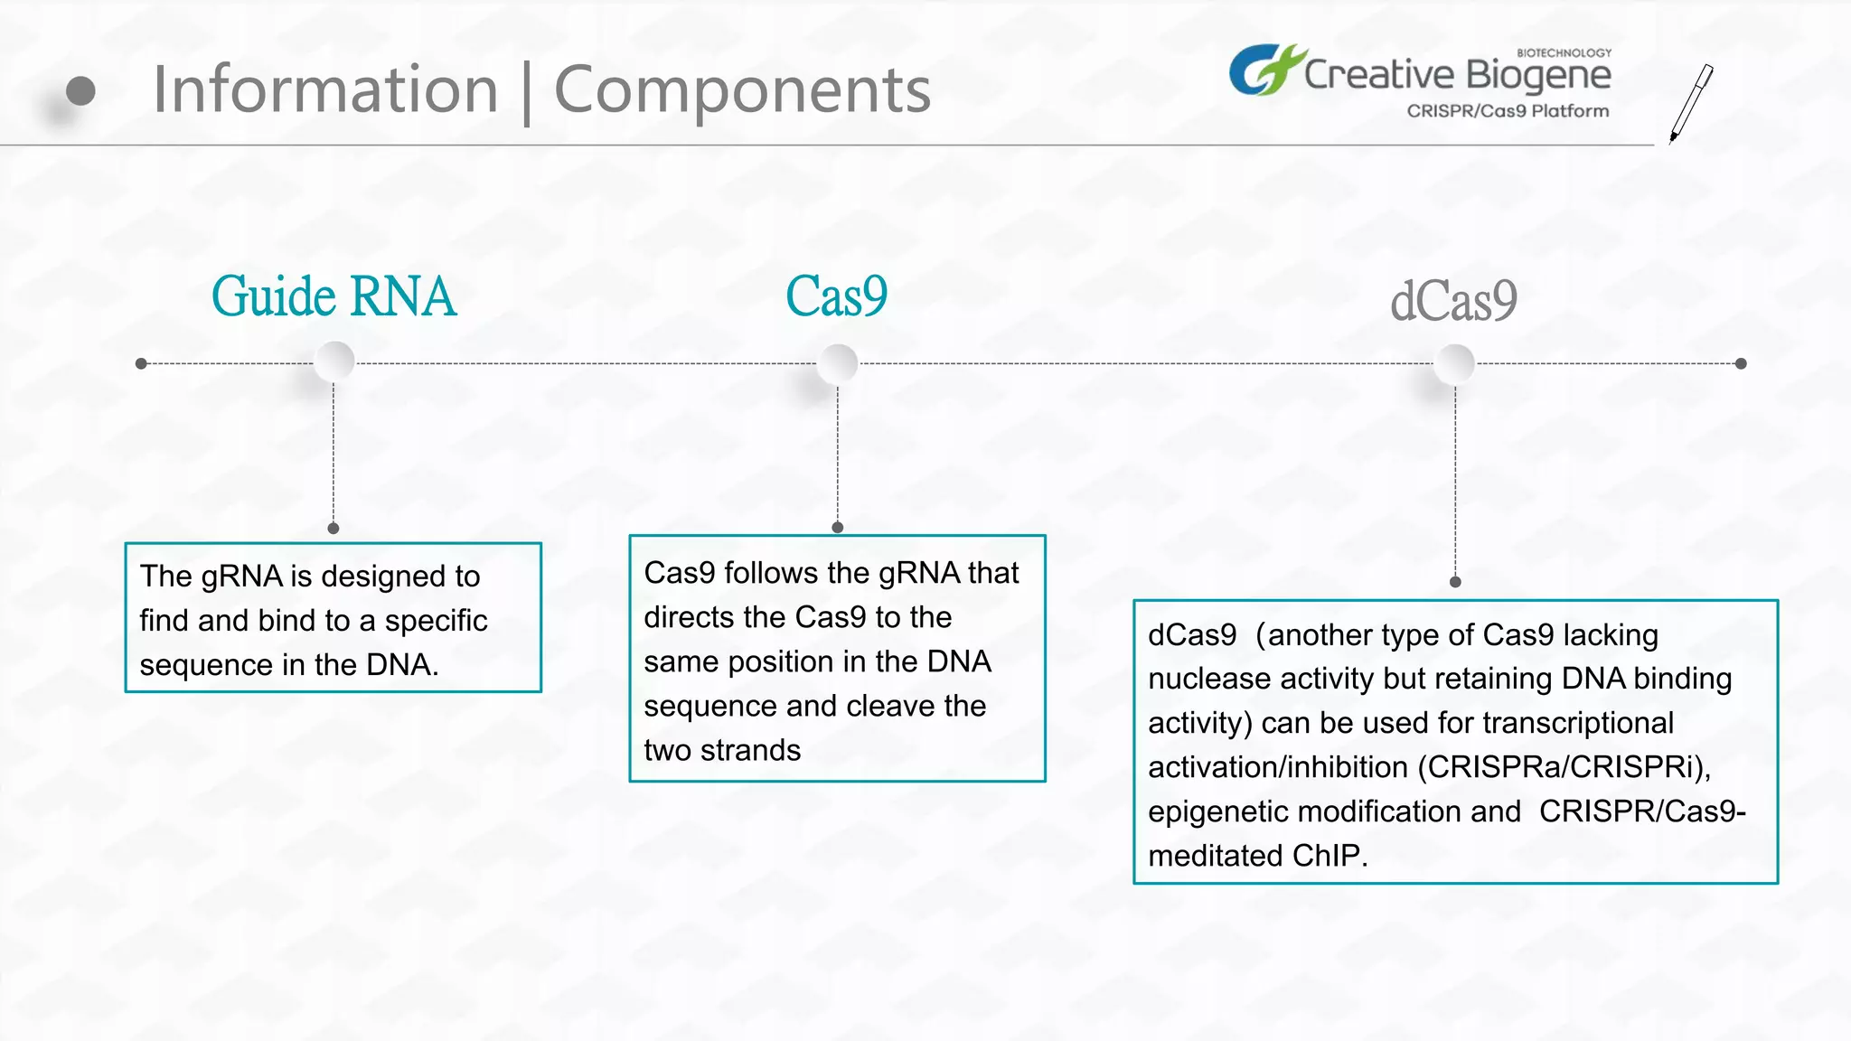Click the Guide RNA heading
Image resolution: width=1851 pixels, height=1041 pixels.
pos(334,296)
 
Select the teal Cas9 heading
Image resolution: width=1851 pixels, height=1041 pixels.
pos(836,296)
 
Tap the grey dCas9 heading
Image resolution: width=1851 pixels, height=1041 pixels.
pos(1453,301)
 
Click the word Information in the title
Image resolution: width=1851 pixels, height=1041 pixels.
pos(325,89)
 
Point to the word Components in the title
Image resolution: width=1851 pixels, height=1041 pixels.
pos(742,89)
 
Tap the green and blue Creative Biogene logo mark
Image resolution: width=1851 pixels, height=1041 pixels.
pos(1264,70)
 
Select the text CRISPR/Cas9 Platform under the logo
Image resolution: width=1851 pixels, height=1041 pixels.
pos(1508,111)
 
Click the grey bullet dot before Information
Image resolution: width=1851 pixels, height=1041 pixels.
pos(80,90)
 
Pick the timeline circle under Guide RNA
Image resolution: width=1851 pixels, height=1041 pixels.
pos(334,362)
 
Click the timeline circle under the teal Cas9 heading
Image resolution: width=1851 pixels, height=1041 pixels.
pos(838,364)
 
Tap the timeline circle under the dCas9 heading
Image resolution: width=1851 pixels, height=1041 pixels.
pos(1455,364)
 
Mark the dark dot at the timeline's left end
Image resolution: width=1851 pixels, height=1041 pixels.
pos(141,363)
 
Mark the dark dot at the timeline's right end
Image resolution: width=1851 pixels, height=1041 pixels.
pos(1741,363)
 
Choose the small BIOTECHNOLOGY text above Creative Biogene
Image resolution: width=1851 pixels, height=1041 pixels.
pos(1564,52)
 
